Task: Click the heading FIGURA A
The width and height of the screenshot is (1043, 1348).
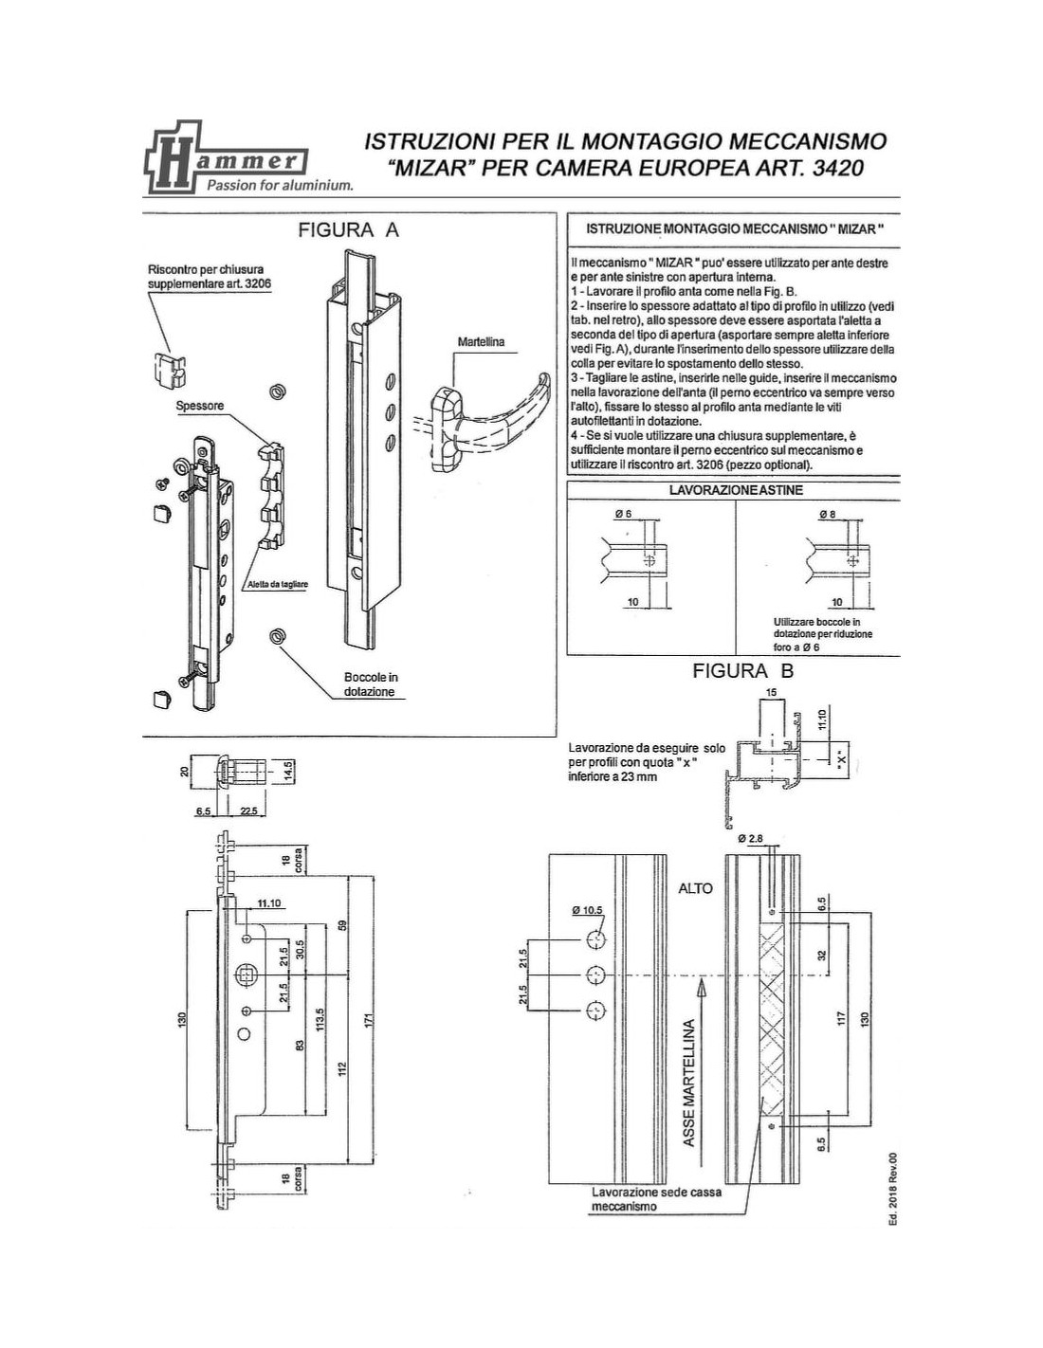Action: [349, 230]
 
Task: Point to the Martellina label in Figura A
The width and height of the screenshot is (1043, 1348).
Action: [481, 341]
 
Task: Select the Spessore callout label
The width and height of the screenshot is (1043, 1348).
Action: [200, 406]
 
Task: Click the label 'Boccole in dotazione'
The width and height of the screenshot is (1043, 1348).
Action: [371, 684]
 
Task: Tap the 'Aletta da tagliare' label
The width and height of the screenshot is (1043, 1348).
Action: [275, 585]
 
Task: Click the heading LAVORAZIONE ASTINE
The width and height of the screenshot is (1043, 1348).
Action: [736, 490]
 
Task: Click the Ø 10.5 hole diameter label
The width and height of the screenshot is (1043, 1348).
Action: [587, 910]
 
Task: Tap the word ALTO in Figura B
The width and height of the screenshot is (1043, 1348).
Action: [695, 888]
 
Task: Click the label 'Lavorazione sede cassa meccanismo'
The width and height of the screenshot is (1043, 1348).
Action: [656, 1199]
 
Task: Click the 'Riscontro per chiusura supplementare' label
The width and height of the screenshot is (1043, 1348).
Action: [205, 276]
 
